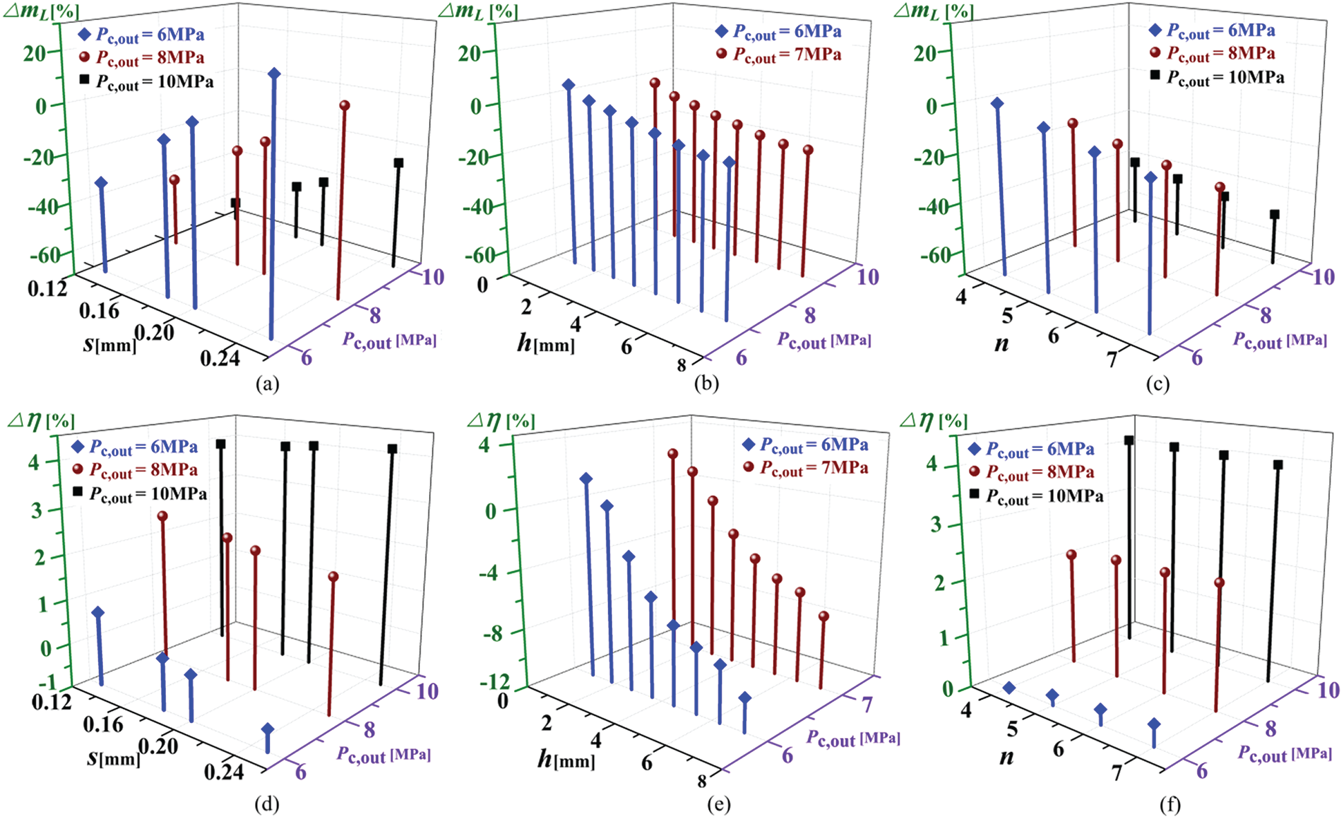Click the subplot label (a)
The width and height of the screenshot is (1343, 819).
point(267,384)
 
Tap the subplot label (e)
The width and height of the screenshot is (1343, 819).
point(719,804)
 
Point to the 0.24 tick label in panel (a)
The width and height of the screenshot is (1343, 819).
point(220,357)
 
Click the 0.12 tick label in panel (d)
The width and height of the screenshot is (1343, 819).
point(51,702)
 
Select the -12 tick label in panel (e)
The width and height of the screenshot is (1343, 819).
point(494,682)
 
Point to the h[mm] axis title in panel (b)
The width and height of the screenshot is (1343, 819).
point(546,343)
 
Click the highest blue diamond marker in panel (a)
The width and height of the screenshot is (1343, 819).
point(274,74)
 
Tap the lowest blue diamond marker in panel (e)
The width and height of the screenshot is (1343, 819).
point(745,698)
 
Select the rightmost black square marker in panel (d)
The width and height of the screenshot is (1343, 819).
point(392,449)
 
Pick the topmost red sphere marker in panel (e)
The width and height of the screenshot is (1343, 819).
point(673,454)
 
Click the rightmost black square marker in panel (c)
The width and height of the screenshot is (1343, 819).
point(1275,214)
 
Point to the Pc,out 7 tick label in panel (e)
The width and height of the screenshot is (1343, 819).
point(867,704)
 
